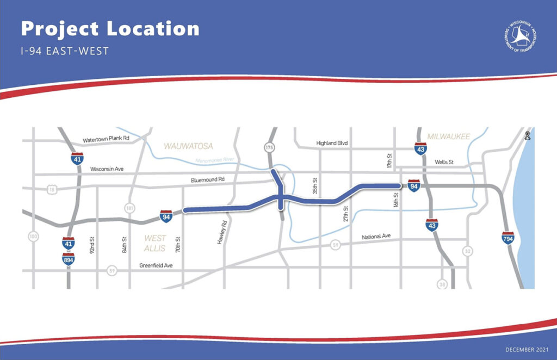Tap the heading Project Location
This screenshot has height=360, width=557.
click(110, 29)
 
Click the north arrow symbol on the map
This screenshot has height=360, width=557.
click(527, 136)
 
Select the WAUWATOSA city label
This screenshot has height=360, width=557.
click(188, 146)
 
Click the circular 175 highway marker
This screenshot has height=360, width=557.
click(268, 147)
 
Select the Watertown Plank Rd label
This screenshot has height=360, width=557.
click(106, 139)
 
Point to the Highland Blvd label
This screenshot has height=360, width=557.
click(332, 143)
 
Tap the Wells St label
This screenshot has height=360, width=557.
click(444, 162)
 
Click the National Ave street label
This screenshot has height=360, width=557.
click(377, 237)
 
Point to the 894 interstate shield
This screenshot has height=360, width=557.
click(69, 260)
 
